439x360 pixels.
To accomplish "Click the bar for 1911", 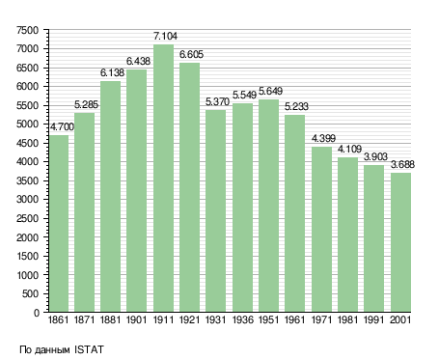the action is point(163,179).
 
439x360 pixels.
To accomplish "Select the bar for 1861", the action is point(59,224).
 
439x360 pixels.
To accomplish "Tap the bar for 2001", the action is point(400,242).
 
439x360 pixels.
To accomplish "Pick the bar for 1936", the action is point(242,208).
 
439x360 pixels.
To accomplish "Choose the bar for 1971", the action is point(321,230).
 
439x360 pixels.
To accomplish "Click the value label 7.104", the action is point(165,36).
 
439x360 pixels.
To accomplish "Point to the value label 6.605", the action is point(191,54).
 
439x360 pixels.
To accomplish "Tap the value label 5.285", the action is point(86,104).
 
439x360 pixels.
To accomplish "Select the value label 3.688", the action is point(402,164).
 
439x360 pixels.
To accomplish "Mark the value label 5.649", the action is point(270,91).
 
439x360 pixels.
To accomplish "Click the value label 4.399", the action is point(323,138).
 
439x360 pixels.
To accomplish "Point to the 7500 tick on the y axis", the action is point(28,30).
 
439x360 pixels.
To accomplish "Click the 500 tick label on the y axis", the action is point(31,293).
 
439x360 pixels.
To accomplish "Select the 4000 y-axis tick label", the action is point(28,162).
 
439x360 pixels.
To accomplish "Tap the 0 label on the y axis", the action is point(37,313).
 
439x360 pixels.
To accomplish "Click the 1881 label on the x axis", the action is point(110,319).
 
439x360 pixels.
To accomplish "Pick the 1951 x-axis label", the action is point(268,319).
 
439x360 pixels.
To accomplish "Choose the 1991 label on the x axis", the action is point(374,319).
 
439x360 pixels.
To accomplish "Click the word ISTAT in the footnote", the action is point(89,349).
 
